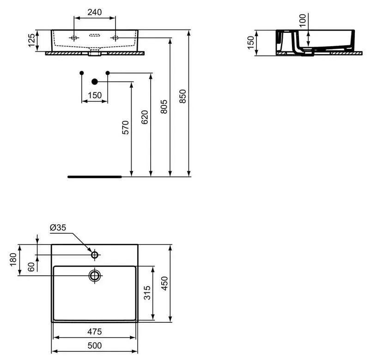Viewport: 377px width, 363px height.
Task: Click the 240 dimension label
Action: [x=95, y=12]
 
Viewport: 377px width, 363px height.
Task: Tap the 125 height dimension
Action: [x=31, y=40]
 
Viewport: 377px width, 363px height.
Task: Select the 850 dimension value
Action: [x=183, y=96]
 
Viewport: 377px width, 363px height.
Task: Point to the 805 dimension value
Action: [x=164, y=107]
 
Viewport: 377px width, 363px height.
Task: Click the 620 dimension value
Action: [x=145, y=117]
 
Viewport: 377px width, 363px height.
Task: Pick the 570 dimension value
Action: [x=126, y=127]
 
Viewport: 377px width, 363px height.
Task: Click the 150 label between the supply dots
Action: [x=95, y=95]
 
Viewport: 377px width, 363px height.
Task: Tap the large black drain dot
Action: [x=95, y=82]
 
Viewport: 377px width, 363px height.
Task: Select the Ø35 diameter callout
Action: [x=58, y=227]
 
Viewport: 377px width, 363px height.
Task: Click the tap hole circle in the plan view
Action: [x=95, y=254]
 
